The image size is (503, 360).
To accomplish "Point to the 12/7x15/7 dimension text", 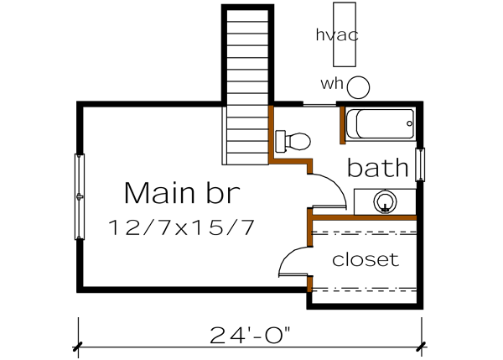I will pyautogui.click(x=182, y=227).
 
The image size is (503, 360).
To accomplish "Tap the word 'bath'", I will pyautogui.click(x=377, y=168).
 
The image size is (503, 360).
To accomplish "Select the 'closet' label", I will pyautogui.click(x=366, y=259).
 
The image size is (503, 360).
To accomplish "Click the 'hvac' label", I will pyautogui.click(x=338, y=34).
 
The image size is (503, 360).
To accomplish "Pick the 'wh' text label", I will pyautogui.click(x=332, y=84).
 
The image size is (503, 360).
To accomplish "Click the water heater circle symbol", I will pyautogui.click(x=360, y=86).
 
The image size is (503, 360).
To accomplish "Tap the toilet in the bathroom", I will pyautogui.click(x=293, y=141).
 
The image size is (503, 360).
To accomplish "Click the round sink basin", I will pyautogui.click(x=386, y=201).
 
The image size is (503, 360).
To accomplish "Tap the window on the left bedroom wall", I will pyautogui.click(x=80, y=196).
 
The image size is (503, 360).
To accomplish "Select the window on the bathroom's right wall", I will pyautogui.click(x=421, y=164).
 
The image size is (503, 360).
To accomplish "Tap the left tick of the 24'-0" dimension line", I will pyautogui.click(x=78, y=345).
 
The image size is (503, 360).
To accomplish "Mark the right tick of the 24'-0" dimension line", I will pyautogui.click(x=422, y=345).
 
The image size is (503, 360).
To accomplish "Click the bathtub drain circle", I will pyautogui.click(x=409, y=124).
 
